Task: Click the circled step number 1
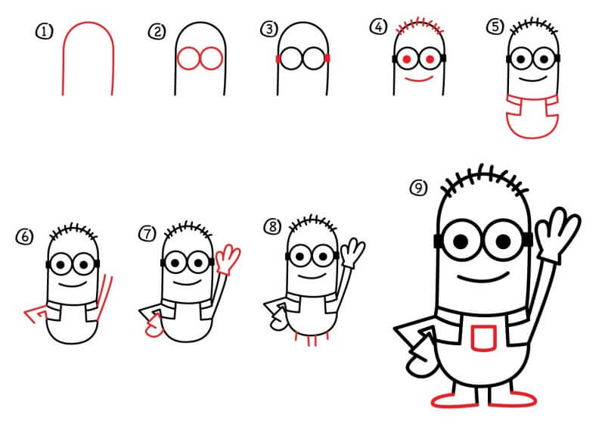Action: (x=45, y=31)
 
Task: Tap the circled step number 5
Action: (x=495, y=27)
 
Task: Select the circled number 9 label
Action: (x=419, y=189)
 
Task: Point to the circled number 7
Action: (x=147, y=234)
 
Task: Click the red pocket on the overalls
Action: (x=484, y=338)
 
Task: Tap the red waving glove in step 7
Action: (x=228, y=259)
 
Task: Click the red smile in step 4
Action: (x=420, y=79)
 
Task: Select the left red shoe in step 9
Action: (x=455, y=401)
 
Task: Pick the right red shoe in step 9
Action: (x=513, y=399)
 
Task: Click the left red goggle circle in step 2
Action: (x=188, y=59)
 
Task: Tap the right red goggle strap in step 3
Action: (x=327, y=58)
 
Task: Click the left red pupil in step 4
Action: (x=407, y=60)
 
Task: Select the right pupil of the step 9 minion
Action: (x=503, y=242)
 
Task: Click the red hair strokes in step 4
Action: (x=420, y=26)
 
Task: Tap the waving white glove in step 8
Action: (x=352, y=253)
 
